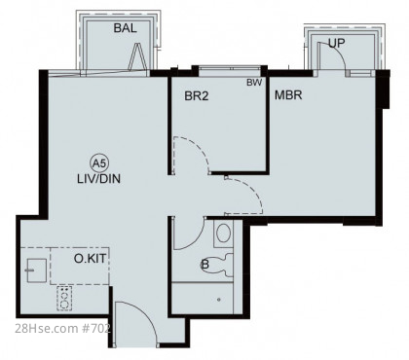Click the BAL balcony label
(125, 28)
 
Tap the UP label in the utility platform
(336, 43)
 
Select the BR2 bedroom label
(197, 96)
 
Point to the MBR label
(288, 95)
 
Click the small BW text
(254, 83)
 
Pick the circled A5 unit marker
(99, 163)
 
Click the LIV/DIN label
(98, 179)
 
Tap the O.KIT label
(90, 259)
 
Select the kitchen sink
(36, 270)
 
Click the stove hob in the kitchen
(64, 298)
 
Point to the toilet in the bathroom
(218, 265)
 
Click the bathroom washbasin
(223, 234)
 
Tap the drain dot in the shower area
(219, 300)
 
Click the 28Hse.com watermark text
(62, 328)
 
